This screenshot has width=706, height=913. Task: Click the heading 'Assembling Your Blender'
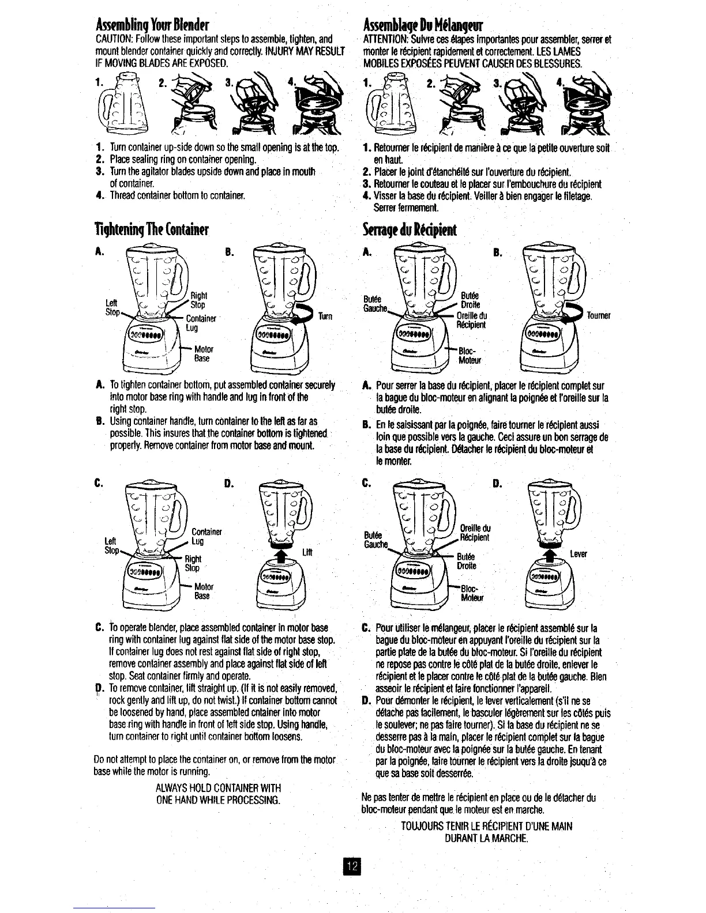[152, 25]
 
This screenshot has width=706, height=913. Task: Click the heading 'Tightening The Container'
[151, 231]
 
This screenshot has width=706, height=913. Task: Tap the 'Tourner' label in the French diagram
[598, 316]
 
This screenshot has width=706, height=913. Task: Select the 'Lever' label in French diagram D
[578, 554]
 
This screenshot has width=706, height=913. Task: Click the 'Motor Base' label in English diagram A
[202, 354]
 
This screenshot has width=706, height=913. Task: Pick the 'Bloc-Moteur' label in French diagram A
[469, 356]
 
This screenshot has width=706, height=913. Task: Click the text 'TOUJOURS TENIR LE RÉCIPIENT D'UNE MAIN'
[486, 827]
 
